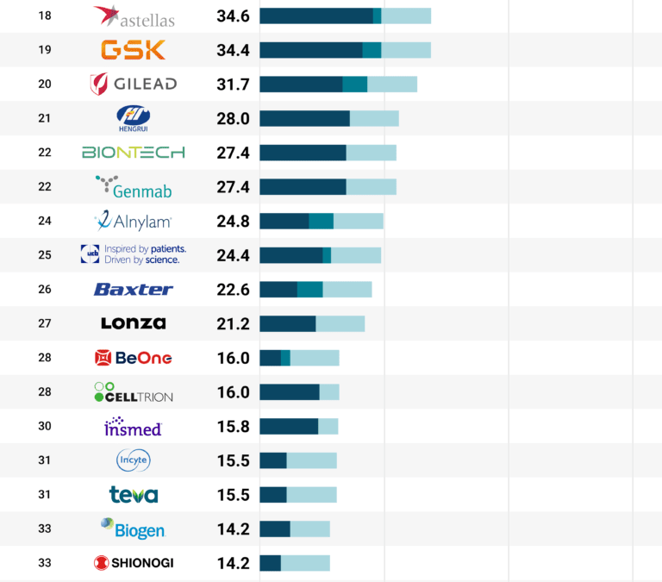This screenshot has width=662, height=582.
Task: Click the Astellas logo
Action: (x=134, y=16)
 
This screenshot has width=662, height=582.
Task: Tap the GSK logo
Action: (x=133, y=50)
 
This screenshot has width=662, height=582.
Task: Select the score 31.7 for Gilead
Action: (x=233, y=84)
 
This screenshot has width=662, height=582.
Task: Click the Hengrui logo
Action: (x=134, y=118)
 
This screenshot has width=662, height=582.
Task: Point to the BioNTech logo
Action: (x=134, y=153)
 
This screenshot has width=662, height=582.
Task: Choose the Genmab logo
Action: (x=134, y=186)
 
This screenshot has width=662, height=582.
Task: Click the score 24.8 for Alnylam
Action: (x=233, y=221)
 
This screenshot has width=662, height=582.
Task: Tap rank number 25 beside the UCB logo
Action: (x=45, y=255)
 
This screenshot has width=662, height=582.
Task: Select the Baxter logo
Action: (x=134, y=290)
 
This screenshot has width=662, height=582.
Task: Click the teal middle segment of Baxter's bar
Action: (x=310, y=290)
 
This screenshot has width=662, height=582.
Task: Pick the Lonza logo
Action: (x=134, y=323)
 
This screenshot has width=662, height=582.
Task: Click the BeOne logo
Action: (x=134, y=358)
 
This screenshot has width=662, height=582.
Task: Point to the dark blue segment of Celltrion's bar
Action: (x=289, y=392)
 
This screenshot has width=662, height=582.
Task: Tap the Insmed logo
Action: (x=134, y=426)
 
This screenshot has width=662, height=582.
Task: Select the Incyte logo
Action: (x=134, y=460)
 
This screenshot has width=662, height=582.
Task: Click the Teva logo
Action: (x=134, y=495)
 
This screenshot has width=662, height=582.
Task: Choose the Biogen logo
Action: (x=134, y=529)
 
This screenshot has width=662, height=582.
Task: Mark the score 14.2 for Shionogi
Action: (x=233, y=563)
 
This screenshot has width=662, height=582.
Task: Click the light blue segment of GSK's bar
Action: (x=405, y=50)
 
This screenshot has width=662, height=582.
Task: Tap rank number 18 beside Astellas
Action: (x=45, y=16)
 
